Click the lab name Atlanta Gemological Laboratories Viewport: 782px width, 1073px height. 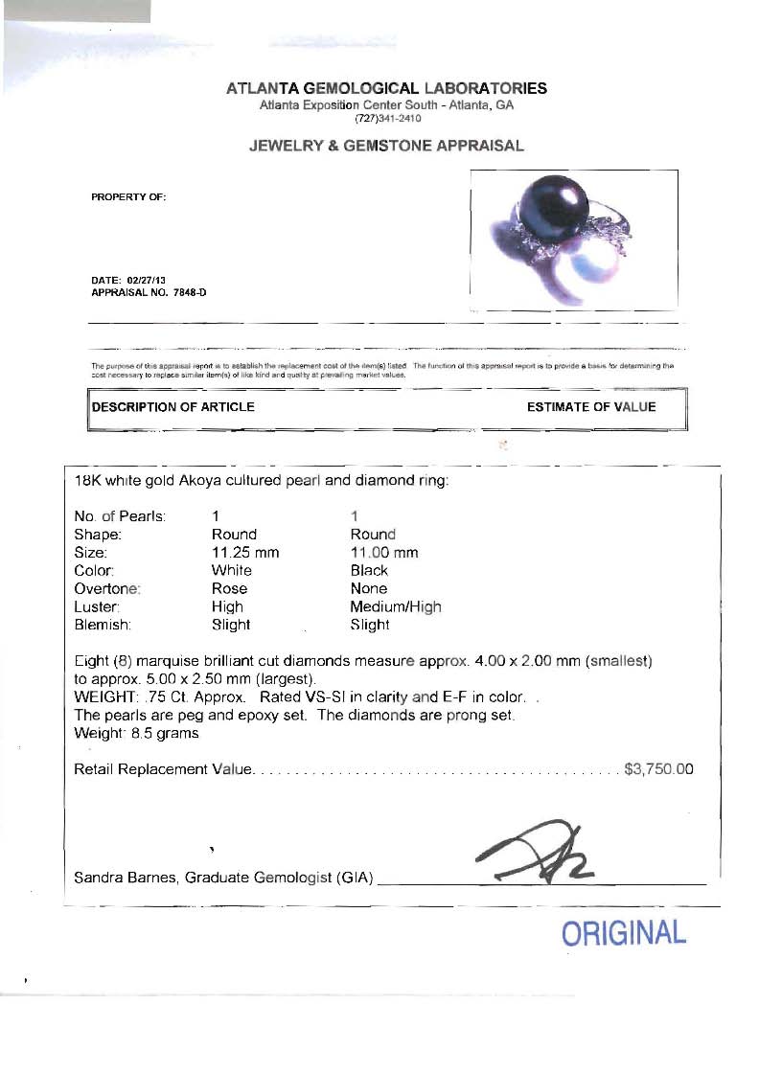click(x=386, y=89)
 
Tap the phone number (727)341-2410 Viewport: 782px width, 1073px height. click(x=386, y=118)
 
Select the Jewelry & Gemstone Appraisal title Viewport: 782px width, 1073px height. click(x=386, y=146)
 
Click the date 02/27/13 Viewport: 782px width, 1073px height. click(x=139, y=280)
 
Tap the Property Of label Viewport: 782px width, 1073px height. click(x=128, y=197)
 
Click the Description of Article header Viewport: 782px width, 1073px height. click(x=173, y=407)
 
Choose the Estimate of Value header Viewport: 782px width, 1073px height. click(x=591, y=407)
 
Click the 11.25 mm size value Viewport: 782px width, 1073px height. click(x=244, y=553)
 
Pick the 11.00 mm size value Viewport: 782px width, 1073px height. click(x=383, y=553)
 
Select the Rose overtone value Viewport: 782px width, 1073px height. click(x=229, y=588)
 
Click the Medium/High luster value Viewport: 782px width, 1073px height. click(x=396, y=606)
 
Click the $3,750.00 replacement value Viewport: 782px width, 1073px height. click(x=658, y=769)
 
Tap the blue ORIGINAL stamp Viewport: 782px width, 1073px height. click(x=624, y=933)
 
